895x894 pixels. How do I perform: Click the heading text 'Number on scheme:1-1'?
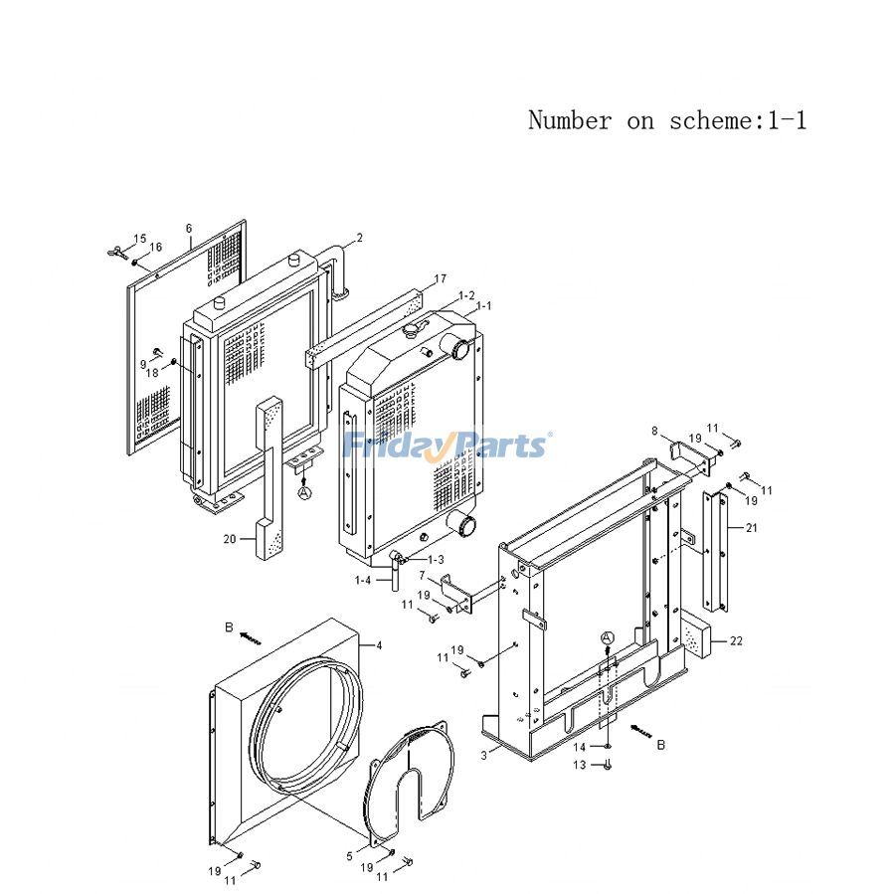pyautogui.click(x=666, y=121)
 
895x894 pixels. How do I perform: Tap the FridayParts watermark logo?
pyautogui.click(x=447, y=445)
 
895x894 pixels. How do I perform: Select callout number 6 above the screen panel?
pyautogui.click(x=189, y=229)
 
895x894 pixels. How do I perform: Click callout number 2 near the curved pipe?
pyautogui.click(x=359, y=238)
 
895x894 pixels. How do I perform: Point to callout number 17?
pyautogui.click(x=440, y=278)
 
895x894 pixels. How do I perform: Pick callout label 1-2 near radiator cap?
pyautogui.click(x=465, y=296)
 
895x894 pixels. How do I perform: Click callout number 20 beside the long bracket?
pyautogui.click(x=230, y=539)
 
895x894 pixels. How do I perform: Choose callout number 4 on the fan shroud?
pyautogui.click(x=378, y=646)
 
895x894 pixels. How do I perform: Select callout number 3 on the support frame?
pyautogui.click(x=483, y=756)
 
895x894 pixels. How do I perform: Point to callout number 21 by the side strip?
pyautogui.click(x=750, y=528)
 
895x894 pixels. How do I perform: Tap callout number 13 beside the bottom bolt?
pyautogui.click(x=581, y=765)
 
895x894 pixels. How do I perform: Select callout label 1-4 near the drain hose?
pyautogui.click(x=363, y=580)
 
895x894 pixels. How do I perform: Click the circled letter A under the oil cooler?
pyautogui.click(x=304, y=492)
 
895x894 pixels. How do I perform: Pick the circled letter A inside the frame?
pyautogui.click(x=608, y=637)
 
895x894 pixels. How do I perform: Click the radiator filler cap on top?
pyautogui.click(x=416, y=329)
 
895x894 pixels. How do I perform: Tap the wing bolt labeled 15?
pyautogui.click(x=118, y=248)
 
